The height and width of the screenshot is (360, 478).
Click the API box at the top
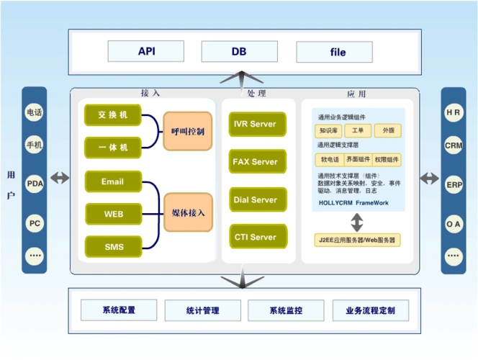click(x=146, y=52)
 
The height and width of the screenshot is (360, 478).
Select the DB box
click(x=238, y=52)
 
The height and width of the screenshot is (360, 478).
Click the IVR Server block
click(x=255, y=124)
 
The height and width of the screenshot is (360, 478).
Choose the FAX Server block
click(x=255, y=162)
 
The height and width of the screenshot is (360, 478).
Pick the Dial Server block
click(x=255, y=199)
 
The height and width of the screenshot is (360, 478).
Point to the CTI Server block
click(x=255, y=237)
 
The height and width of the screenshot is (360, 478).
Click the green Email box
click(x=113, y=181)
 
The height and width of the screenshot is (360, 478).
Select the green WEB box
click(x=113, y=214)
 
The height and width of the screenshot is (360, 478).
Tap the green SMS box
click(x=113, y=247)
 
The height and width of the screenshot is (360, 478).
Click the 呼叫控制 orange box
click(x=188, y=131)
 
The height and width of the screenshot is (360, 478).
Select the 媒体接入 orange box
click(x=188, y=212)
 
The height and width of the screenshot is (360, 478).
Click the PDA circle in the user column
click(x=35, y=184)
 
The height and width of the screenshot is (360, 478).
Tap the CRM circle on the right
click(x=453, y=146)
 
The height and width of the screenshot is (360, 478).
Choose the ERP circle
click(x=453, y=184)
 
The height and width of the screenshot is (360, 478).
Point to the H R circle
click(x=453, y=113)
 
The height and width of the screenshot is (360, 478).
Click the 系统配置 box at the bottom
click(x=117, y=310)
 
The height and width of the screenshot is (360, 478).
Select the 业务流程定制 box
click(x=370, y=310)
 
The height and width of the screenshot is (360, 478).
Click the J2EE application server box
click(x=358, y=239)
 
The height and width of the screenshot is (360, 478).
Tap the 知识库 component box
click(x=328, y=131)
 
